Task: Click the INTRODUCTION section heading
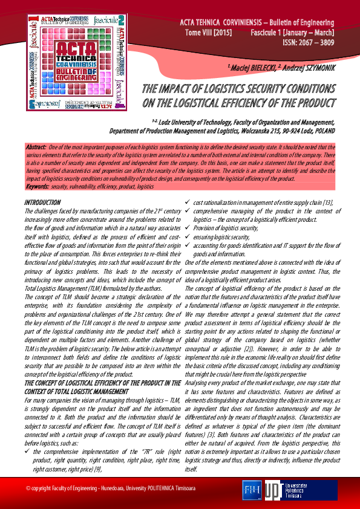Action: pos(42,201)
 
